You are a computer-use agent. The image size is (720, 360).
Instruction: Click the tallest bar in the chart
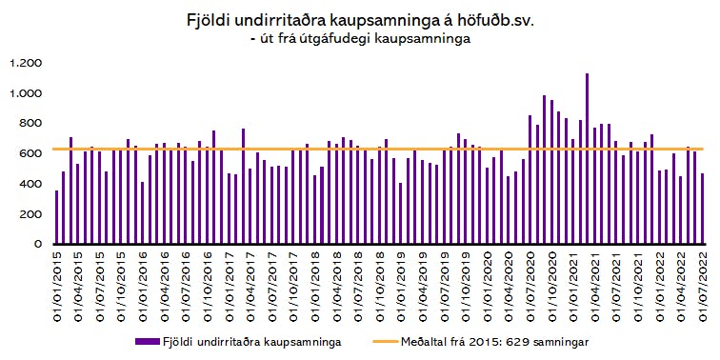click(588, 158)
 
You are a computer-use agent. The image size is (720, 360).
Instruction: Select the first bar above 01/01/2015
click(56, 217)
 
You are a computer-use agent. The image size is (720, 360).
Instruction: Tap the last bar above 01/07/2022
click(703, 209)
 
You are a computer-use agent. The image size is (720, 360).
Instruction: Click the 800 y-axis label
click(32, 123)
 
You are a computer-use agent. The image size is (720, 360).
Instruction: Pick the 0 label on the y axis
click(38, 244)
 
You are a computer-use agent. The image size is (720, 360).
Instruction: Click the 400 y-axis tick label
click(32, 184)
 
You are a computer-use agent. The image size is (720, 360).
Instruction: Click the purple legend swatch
click(147, 342)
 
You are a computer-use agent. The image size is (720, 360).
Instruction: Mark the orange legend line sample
click(385, 342)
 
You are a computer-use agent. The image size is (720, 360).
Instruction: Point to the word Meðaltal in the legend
click(421, 342)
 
